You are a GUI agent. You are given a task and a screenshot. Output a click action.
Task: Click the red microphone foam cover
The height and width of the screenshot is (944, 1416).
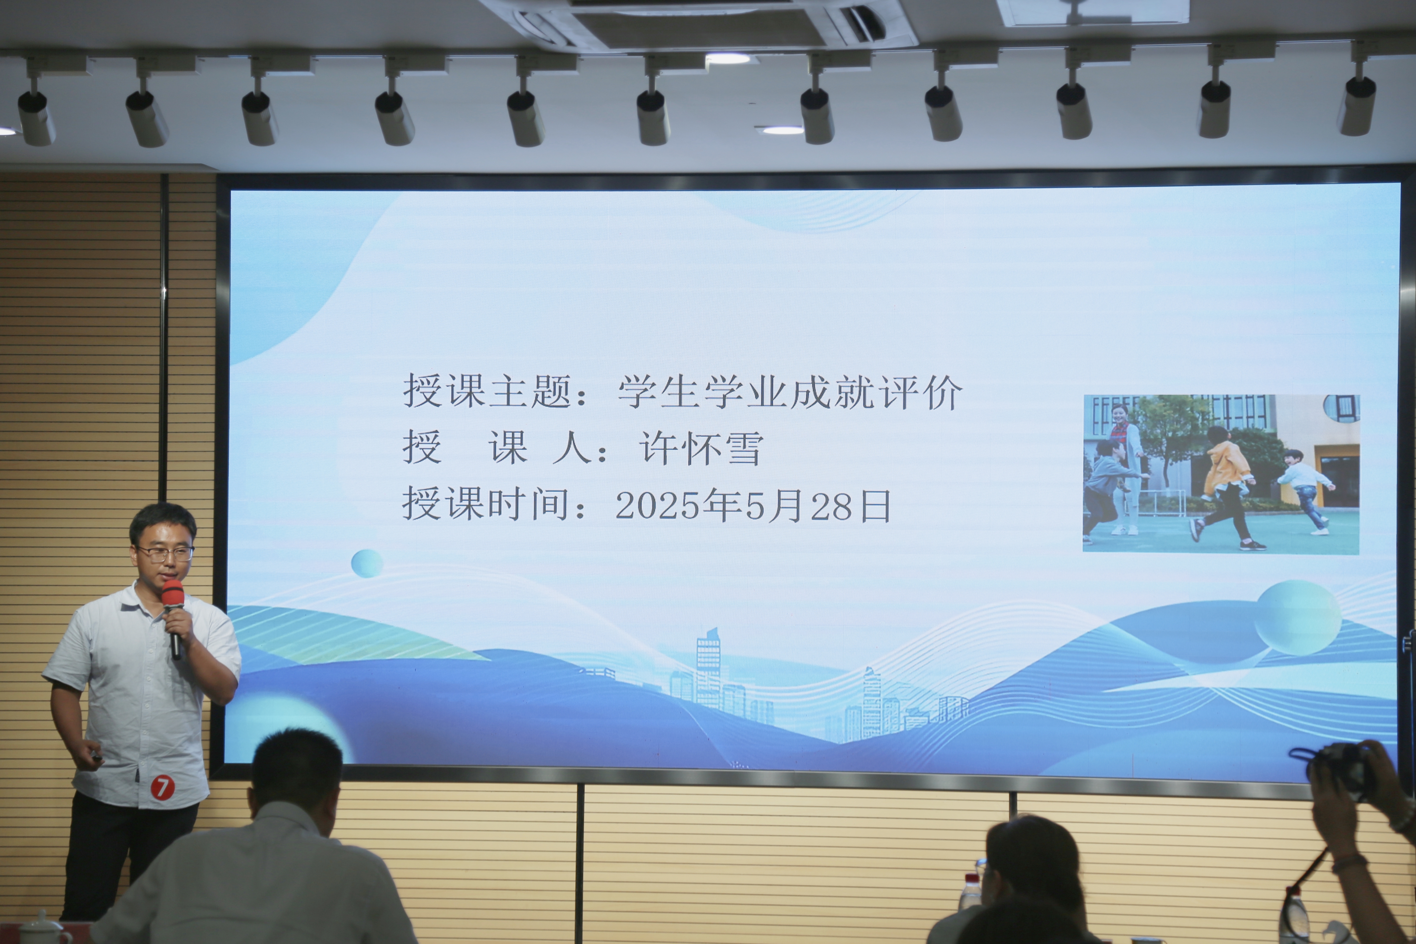click(172, 593)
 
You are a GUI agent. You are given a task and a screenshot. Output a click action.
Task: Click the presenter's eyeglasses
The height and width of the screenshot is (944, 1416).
click(164, 553)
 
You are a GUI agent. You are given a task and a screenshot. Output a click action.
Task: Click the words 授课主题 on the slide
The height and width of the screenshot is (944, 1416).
click(488, 391)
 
